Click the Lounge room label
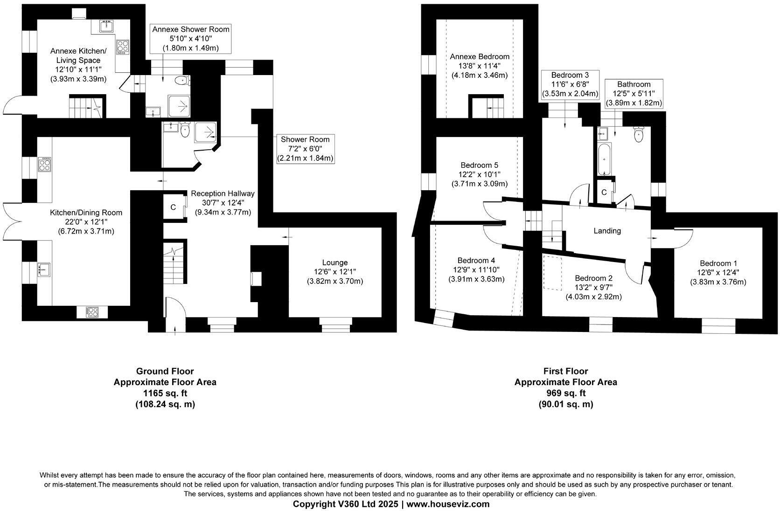334,262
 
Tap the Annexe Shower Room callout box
191,38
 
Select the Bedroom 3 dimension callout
570,84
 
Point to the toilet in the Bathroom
639,135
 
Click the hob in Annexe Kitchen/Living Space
123,47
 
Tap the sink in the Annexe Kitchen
106,26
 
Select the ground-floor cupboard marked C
173,207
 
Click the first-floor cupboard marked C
604,192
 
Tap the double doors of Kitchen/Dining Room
12,221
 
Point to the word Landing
607,231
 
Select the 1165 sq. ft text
165,393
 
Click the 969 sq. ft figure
565,393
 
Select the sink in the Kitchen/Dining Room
44,269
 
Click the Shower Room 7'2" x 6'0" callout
305,149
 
